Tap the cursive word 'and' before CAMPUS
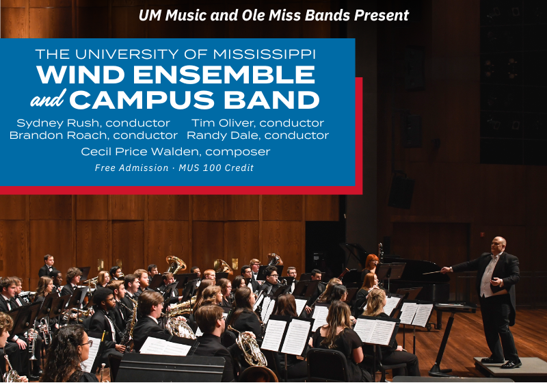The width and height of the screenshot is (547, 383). [x=48, y=98]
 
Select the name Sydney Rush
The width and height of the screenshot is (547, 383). [x=59, y=123]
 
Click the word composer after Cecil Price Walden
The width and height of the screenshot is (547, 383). [x=237, y=152]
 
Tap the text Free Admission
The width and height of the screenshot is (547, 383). [x=131, y=168]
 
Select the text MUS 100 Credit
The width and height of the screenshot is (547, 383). [x=216, y=168]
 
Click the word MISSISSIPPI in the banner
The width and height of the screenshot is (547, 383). [x=264, y=55]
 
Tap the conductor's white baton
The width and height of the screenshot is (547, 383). [x=432, y=272]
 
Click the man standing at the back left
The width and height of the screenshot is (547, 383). [x=48, y=266]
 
